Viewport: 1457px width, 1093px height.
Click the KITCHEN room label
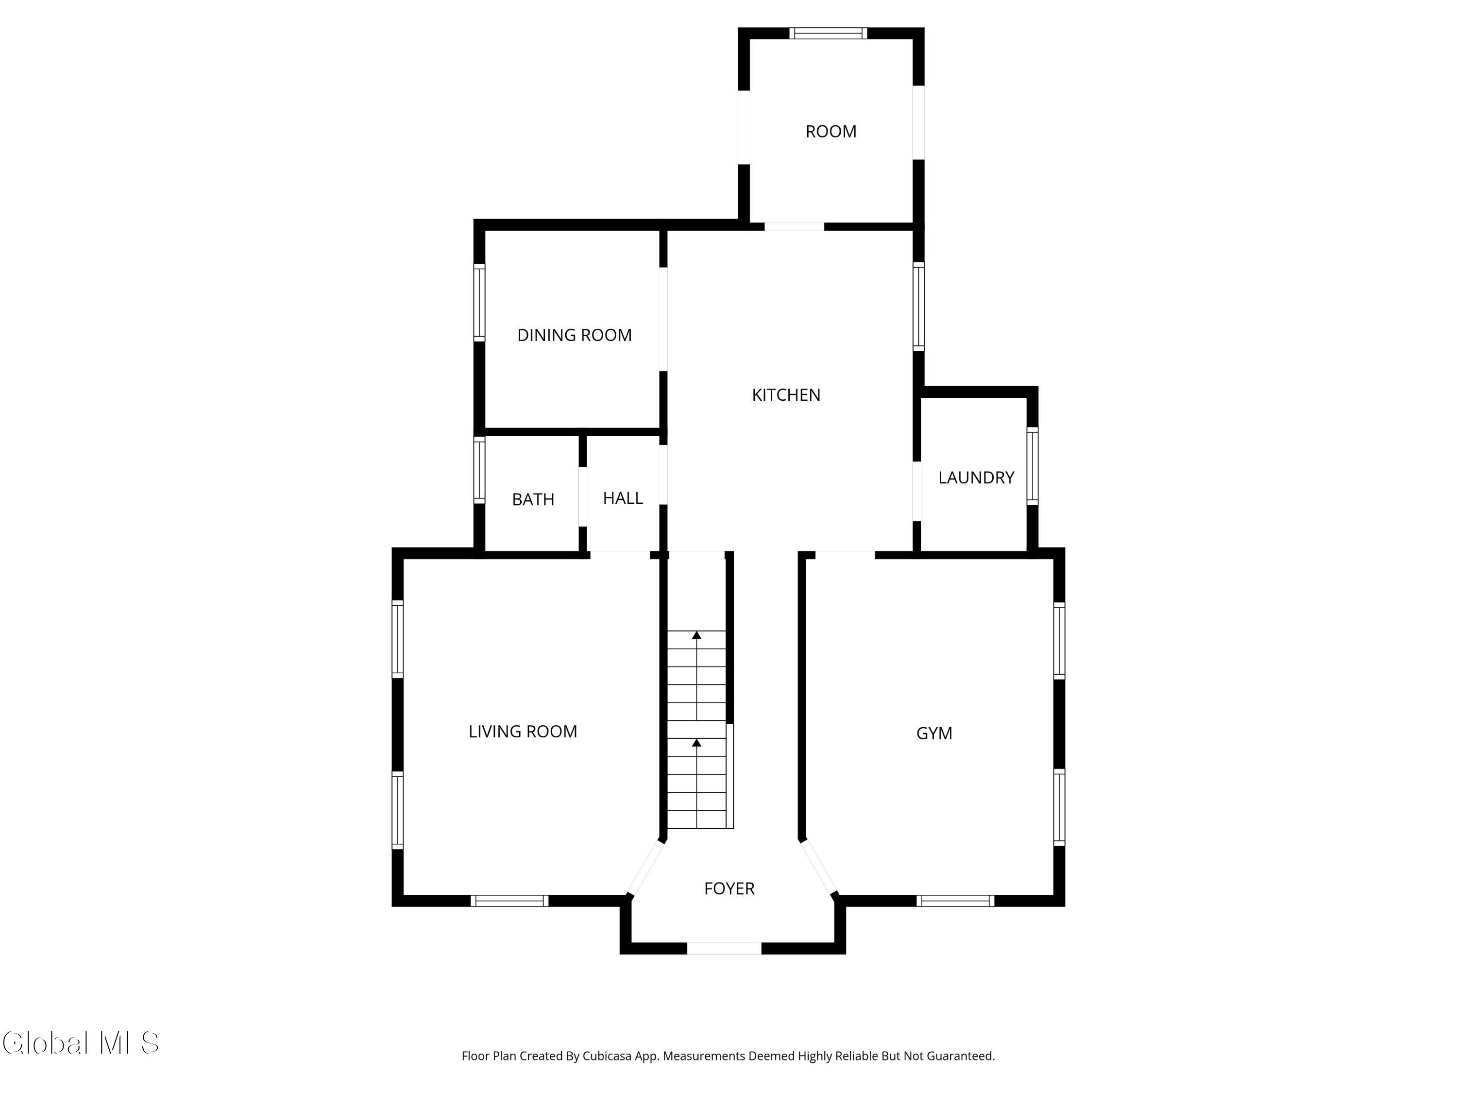[x=786, y=394]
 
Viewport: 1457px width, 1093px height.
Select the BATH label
[x=532, y=499]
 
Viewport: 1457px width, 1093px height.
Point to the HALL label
[x=623, y=498]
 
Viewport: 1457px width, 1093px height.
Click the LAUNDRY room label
[x=976, y=478]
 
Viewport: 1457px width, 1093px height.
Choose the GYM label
[x=933, y=733]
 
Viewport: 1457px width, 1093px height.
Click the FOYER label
[x=728, y=889]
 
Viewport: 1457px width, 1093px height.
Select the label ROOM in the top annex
[x=830, y=132]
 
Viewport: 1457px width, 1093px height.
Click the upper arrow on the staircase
[x=696, y=635]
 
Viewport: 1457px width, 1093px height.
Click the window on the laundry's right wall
[x=1032, y=466]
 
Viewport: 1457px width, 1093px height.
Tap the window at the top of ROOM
[x=828, y=34]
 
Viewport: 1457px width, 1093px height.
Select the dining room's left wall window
[x=479, y=303]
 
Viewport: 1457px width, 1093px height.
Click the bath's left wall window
[x=479, y=470]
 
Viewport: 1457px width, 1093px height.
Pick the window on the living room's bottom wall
[x=509, y=901]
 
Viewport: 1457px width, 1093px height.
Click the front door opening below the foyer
[x=724, y=948]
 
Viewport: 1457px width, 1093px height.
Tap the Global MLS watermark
[x=80, y=1043]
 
